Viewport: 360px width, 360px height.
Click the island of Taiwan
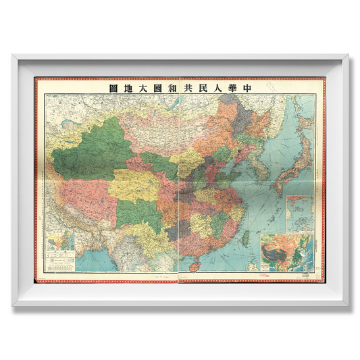pos(245,236)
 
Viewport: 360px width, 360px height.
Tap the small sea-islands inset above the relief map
pos(300,212)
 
